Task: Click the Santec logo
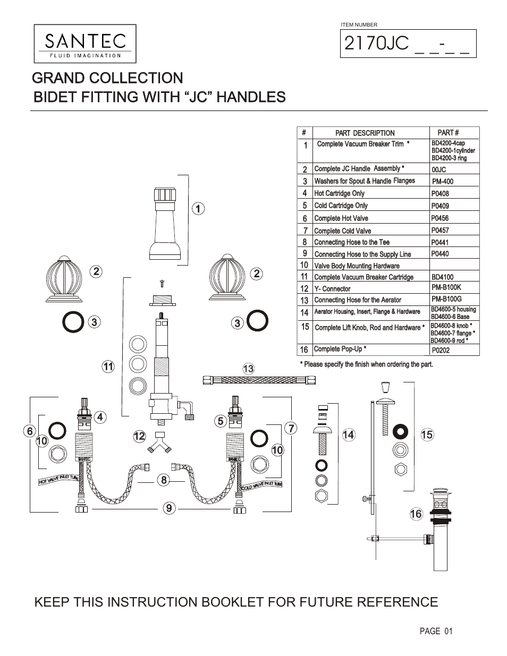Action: (x=85, y=44)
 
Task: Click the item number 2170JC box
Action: (x=408, y=44)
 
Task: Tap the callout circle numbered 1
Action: (x=198, y=209)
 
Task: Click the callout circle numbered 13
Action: (x=248, y=369)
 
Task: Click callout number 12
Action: (x=139, y=437)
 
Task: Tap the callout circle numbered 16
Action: (x=416, y=514)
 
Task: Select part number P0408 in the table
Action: (x=440, y=194)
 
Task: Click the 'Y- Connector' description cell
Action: (x=333, y=289)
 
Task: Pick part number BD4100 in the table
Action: (x=442, y=277)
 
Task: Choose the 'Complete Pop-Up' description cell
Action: (x=340, y=349)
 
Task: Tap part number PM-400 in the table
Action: (x=442, y=182)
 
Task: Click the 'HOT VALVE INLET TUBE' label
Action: (x=58, y=480)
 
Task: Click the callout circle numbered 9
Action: (x=168, y=508)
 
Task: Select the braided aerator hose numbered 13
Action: (x=259, y=380)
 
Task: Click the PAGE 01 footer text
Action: (x=436, y=631)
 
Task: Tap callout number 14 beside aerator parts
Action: (x=348, y=435)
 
